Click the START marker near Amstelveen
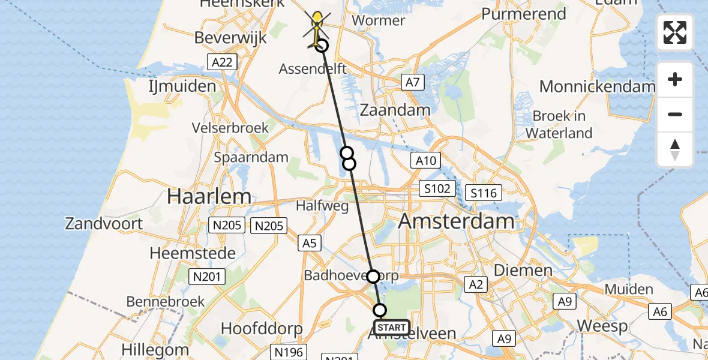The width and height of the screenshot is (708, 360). click(392, 328)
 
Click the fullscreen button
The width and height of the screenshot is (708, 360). click(675, 32)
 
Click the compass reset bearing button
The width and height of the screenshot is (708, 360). click(675, 149)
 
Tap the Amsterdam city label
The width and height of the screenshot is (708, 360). click(456, 221)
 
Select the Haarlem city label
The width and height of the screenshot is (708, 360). click(209, 196)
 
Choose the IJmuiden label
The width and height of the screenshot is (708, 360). click(182, 86)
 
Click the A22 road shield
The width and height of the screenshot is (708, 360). click(222, 62)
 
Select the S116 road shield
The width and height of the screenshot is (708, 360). click(484, 193)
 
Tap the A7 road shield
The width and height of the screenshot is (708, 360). click(412, 82)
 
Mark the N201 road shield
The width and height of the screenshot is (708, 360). click(208, 277)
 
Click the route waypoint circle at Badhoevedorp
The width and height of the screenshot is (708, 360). click(373, 276)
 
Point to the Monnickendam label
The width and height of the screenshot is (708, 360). click(597, 86)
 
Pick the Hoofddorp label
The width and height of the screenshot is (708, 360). click(262, 329)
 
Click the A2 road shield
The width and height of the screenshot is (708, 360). click(476, 284)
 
